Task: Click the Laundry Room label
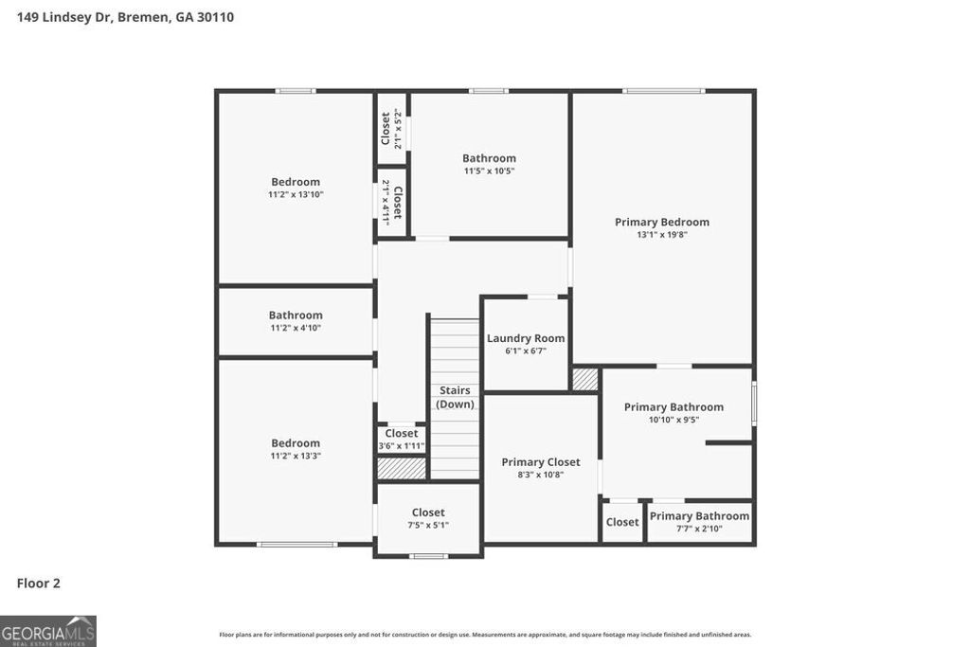pyautogui.click(x=526, y=338)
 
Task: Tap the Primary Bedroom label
pyautogui.click(x=661, y=223)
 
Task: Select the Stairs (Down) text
pyautogui.click(x=455, y=397)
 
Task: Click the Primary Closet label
pyautogui.click(x=540, y=462)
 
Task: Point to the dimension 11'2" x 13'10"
pyautogui.click(x=296, y=194)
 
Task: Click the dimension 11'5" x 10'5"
pyautogui.click(x=489, y=171)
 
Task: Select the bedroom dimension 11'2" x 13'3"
pyautogui.click(x=296, y=456)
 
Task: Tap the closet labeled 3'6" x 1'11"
pyautogui.click(x=402, y=440)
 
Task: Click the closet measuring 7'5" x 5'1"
pyautogui.click(x=428, y=518)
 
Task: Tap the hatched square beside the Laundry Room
pyautogui.click(x=585, y=379)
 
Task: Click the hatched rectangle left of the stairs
pyautogui.click(x=402, y=468)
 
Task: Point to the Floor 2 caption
pyautogui.click(x=39, y=584)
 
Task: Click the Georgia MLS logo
pyautogui.click(x=48, y=631)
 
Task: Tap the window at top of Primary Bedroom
pyautogui.click(x=663, y=91)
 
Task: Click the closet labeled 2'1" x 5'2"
pyautogui.click(x=391, y=130)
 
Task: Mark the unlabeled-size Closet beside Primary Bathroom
pyautogui.click(x=622, y=522)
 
